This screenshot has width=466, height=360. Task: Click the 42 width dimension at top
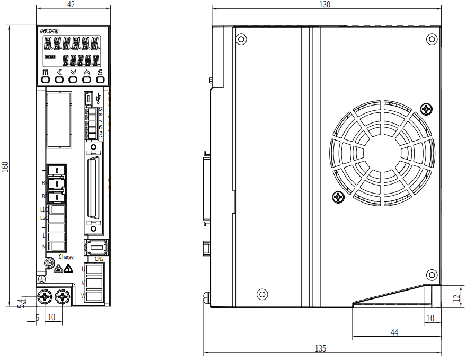pos(71,5)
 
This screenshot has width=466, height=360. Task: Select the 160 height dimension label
pos(5,166)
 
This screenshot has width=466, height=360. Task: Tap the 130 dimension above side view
pos(325,4)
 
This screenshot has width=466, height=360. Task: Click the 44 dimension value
pos(394,332)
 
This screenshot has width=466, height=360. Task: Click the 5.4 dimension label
pos(21,303)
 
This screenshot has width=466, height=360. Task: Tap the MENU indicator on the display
pos(50,57)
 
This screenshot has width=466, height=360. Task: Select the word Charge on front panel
pos(66,257)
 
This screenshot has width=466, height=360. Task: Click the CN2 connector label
pos(99,259)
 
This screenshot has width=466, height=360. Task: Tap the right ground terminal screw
pos(63,297)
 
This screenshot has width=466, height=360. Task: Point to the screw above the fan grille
pos(426,109)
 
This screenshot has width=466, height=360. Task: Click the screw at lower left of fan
pos(338,197)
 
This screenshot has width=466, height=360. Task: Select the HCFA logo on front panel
pos(45,31)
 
